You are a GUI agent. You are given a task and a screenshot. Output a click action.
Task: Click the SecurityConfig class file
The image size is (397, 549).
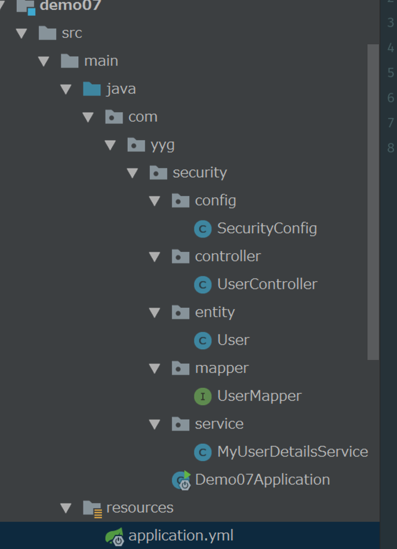click(x=267, y=228)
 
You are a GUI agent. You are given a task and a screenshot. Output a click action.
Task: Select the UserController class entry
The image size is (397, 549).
click(x=267, y=284)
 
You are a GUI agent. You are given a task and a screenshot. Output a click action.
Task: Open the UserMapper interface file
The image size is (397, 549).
click(x=259, y=396)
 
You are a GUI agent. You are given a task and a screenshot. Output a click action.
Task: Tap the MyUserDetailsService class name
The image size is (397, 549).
click(x=292, y=452)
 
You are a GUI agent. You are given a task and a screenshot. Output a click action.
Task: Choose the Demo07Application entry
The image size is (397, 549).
click(x=262, y=480)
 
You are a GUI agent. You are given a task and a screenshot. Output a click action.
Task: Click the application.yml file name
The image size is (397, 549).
click(x=181, y=535)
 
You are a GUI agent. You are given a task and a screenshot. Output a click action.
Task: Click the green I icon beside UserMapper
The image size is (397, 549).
click(x=202, y=396)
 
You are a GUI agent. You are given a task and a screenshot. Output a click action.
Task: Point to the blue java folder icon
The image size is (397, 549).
click(x=92, y=89)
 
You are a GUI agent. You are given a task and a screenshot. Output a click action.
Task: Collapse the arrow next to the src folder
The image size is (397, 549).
click(x=21, y=34)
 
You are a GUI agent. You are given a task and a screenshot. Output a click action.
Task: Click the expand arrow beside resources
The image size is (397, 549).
click(x=66, y=508)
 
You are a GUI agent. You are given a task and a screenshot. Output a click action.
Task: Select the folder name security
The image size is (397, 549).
click(x=199, y=172)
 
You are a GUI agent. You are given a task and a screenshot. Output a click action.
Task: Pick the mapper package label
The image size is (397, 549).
click(x=222, y=368)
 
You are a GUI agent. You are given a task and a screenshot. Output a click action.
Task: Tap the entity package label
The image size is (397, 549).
click(x=215, y=312)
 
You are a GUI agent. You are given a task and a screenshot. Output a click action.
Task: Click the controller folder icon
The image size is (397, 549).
click(x=181, y=257)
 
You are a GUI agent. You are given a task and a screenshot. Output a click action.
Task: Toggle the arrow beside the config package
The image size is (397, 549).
click(x=154, y=201)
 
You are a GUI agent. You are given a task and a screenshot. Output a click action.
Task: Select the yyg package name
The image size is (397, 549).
click(x=162, y=145)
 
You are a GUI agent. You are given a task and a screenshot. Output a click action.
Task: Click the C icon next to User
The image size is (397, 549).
click(x=202, y=340)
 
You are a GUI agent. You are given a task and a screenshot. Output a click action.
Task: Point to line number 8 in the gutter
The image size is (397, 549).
click(x=390, y=148)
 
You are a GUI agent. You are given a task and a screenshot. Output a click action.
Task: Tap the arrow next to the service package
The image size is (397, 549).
click(x=154, y=424)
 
